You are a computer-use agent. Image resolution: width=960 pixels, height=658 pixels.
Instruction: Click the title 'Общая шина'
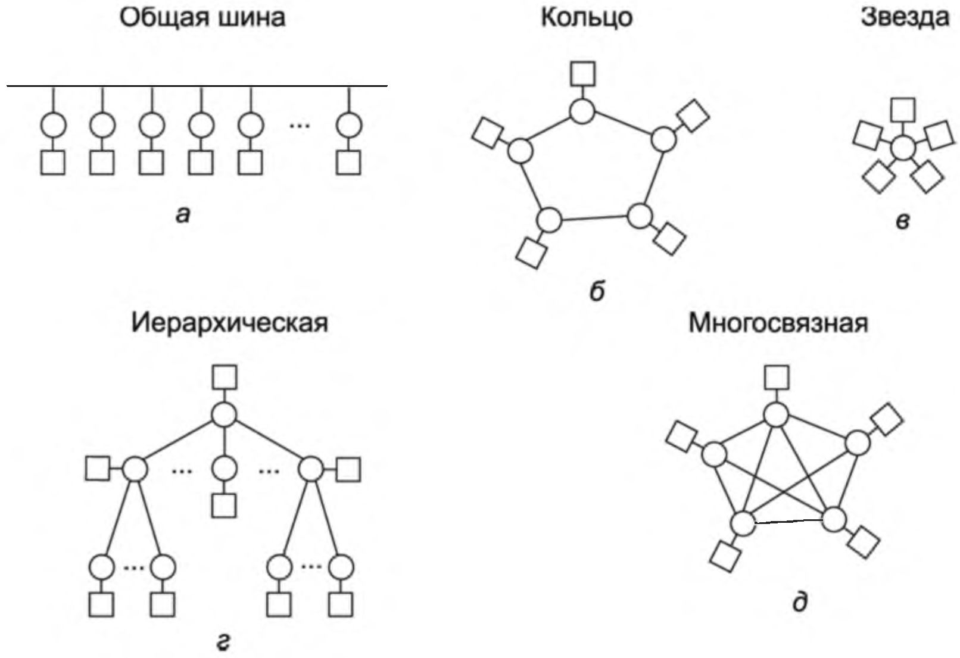click(x=202, y=17)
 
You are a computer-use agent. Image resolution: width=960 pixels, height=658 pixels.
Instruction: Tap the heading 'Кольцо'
click(x=586, y=17)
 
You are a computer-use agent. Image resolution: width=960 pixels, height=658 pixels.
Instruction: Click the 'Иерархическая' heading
click(x=229, y=323)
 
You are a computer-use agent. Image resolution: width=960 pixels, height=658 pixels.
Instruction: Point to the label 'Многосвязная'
click(x=778, y=323)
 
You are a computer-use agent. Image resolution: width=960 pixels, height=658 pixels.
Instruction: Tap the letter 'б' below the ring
click(x=597, y=291)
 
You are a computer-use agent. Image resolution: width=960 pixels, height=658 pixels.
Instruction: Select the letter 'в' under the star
click(x=902, y=222)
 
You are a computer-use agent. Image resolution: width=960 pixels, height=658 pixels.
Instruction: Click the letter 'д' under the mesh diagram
click(x=800, y=603)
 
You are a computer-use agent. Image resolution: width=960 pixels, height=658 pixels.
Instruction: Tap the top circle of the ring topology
click(x=582, y=111)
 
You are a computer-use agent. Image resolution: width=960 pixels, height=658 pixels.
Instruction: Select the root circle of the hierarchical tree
click(x=224, y=414)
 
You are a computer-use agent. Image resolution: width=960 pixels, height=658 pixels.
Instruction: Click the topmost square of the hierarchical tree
click(x=225, y=377)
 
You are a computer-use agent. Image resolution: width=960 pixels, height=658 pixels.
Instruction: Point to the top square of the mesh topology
click(x=777, y=377)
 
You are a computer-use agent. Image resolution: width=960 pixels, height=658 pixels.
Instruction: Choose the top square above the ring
click(x=582, y=73)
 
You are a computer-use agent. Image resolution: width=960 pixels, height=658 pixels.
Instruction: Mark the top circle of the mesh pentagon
click(x=776, y=414)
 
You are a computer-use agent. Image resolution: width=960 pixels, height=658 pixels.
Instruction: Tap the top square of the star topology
click(x=903, y=110)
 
